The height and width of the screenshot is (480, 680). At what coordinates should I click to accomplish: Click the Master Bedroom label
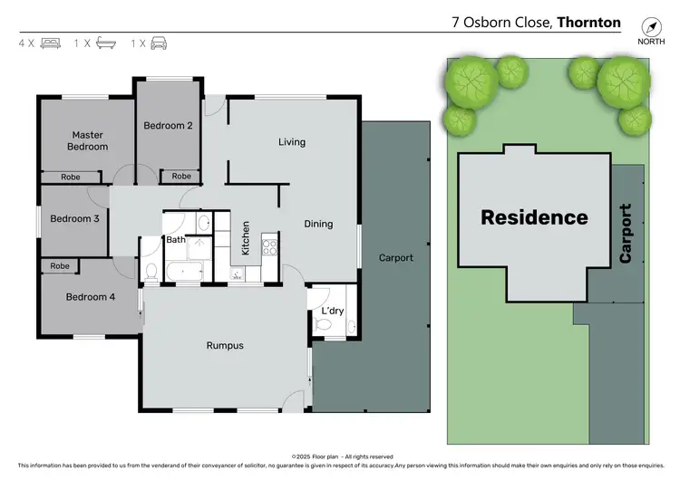(89, 140)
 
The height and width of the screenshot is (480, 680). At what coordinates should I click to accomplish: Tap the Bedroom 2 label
(168, 126)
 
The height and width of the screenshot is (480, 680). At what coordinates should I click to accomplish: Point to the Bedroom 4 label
(90, 296)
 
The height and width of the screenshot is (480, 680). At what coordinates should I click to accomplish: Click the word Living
(292, 142)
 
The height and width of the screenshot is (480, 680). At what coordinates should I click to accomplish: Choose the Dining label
(318, 224)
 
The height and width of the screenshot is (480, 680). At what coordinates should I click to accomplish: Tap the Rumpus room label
(225, 345)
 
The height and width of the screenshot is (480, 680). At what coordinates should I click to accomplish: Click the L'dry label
(332, 312)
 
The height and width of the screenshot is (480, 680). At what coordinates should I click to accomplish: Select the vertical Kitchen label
(246, 237)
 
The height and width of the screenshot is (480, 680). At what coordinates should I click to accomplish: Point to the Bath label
(176, 240)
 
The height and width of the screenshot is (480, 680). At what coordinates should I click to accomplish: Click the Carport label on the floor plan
(395, 258)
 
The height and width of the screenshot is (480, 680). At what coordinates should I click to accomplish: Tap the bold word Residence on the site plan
(534, 217)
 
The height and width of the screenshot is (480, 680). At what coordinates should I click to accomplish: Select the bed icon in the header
(51, 43)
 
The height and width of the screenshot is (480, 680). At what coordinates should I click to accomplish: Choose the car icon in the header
(159, 43)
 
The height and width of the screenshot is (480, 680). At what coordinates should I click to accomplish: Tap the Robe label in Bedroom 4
(61, 266)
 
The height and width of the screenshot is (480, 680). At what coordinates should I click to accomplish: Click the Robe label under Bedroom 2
(181, 177)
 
